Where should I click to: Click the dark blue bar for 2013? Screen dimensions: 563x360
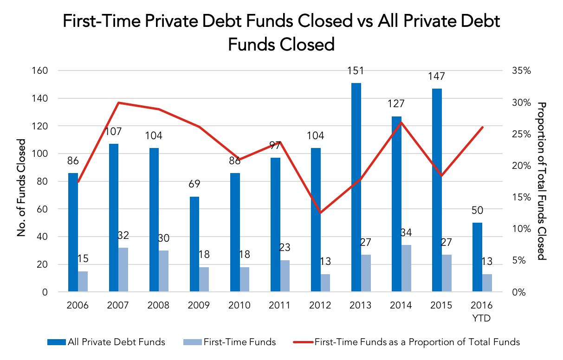click(356, 187)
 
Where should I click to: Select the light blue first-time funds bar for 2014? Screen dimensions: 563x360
click(406, 268)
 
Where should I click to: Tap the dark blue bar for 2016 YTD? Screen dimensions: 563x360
click(477, 257)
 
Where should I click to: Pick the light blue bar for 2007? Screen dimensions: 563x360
click(123, 270)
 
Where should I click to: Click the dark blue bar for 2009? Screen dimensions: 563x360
click(194, 244)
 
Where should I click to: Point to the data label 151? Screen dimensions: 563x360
click(356, 71)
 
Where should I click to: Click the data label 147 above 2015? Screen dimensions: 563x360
click(437, 76)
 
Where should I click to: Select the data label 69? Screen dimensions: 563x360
click(194, 184)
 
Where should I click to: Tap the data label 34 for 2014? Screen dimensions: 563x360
click(406, 232)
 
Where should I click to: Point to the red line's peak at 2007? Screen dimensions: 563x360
click(119, 103)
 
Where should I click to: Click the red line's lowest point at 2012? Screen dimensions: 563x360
click(320, 213)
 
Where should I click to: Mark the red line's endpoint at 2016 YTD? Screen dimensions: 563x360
click(483, 127)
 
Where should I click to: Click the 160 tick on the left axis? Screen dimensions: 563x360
click(40, 71)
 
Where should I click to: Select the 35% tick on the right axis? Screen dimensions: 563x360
click(522, 71)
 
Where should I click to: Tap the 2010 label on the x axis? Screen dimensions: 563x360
click(239, 305)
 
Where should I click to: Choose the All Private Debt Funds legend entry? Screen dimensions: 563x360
click(106, 342)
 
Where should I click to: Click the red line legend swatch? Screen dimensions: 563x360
click(304, 342)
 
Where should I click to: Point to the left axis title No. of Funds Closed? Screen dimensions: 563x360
click(22, 188)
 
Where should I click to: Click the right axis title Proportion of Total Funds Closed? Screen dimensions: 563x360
click(542, 181)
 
